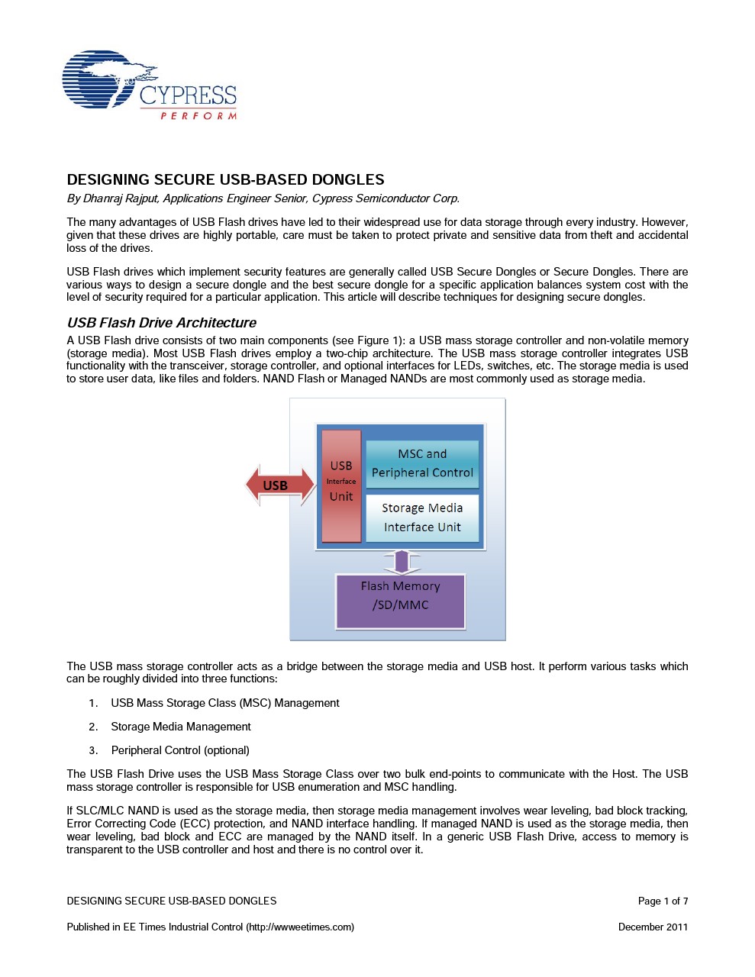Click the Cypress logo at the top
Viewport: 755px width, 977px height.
(x=149, y=85)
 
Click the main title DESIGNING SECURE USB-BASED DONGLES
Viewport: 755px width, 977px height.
(x=225, y=180)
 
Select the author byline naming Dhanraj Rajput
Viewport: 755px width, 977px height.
(x=263, y=198)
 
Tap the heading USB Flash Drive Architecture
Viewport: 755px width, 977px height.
(x=161, y=323)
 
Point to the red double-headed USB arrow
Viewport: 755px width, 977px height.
(x=279, y=485)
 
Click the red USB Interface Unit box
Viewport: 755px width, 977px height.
(x=341, y=486)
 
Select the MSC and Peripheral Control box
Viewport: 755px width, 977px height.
(x=422, y=463)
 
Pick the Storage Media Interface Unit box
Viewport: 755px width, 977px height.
(x=422, y=518)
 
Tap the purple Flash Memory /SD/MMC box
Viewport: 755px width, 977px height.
(x=400, y=601)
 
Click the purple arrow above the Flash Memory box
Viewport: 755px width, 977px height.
(x=402, y=562)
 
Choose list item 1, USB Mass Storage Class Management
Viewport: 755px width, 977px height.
(x=224, y=703)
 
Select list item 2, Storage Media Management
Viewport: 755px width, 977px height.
(x=180, y=727)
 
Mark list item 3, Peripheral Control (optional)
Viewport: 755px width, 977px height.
(x=180, y=750)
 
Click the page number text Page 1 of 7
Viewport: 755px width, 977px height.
(x=663, y=901)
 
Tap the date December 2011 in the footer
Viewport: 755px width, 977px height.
(x=653, y=927)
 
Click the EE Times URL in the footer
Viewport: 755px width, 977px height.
(x=300, y=927)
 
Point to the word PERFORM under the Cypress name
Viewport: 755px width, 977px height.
(x=198, y=116)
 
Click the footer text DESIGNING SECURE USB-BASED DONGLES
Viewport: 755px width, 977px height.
(x=171, y=901)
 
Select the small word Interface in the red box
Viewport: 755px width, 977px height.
(x=341, y=482)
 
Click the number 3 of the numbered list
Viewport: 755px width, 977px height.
(x=92, y=750)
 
